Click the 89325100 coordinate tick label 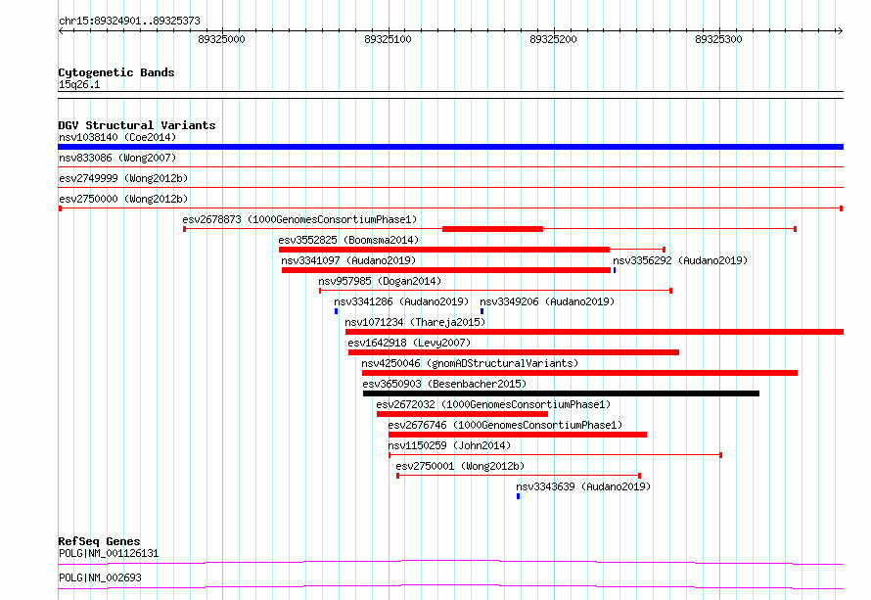(x=387, y=40)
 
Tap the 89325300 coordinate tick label (x=718, y=40)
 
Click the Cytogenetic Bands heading (x=116, y=72)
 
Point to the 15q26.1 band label (x=79, y=85)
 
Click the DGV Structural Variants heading (x=137, y=125)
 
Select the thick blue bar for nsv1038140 (x=450, y=147)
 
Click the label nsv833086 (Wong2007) (x=104, y=158)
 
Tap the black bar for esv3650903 (x=561, y=393)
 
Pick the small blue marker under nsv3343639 (x=518, y=496)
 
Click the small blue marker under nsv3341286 (x=336, y=311)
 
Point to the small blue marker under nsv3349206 (x=481, y=311)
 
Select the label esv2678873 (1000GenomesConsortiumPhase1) (x=299, y=219)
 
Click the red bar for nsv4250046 (x=579, y=373)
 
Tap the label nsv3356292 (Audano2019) (x=679, y=260)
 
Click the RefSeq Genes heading (x=99, y=541)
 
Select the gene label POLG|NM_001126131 (x=109, y=553)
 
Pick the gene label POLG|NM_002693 (x=100, y=577)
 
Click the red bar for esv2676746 (x=517, y=435)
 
